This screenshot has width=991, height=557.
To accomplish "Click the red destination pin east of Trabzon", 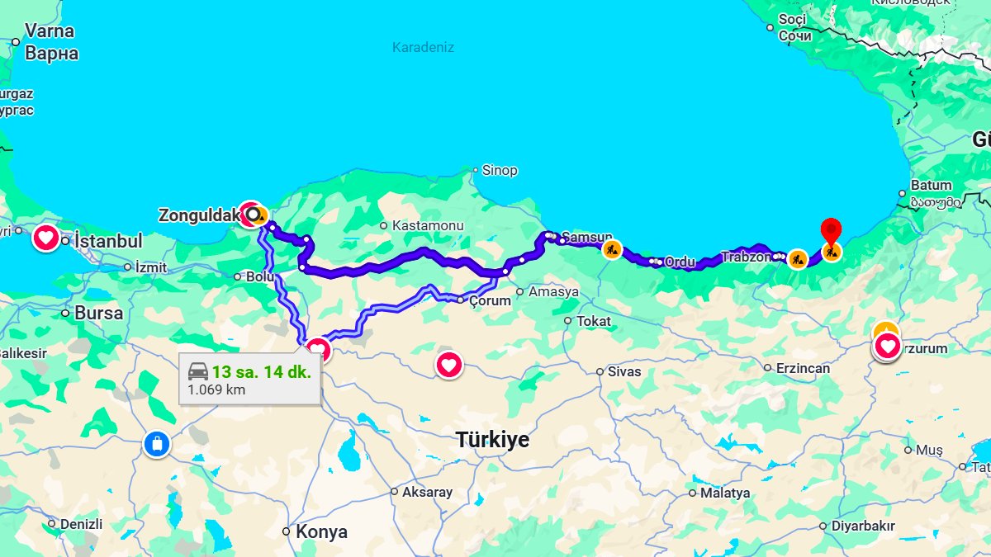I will point(831,230).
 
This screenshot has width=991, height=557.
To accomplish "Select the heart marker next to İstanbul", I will point(46,239).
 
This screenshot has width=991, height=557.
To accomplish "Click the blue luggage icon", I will point(156,444).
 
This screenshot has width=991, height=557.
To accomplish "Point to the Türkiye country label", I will point(492,440).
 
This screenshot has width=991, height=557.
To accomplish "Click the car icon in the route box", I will point(198,371).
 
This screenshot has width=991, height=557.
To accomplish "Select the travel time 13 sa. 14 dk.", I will point(261,371).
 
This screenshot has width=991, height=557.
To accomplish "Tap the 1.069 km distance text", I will point(216,389).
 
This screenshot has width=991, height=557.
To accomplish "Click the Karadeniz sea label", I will point(423,47).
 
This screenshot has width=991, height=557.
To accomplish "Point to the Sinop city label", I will point(500,170).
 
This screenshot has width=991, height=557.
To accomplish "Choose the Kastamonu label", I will point(428,225).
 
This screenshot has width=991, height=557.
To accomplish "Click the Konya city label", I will point(321,531).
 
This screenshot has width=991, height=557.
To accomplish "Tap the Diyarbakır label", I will point(863,526).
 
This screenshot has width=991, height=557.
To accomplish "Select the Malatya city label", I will point(725,493).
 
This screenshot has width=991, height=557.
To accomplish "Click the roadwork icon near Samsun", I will point(611,248).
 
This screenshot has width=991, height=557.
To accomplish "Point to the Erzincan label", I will point(803,368).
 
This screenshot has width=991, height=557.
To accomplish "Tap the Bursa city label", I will point(98,313).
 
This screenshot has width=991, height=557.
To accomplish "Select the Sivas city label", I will point(624,371).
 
